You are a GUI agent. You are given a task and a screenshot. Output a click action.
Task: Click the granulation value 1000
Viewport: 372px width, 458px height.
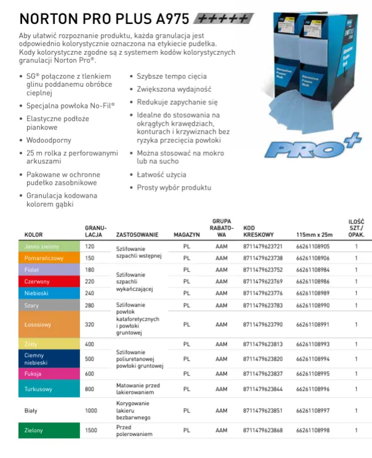tap(91, 410)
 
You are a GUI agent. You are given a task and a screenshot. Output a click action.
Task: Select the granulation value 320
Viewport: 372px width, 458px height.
tap(89, 324)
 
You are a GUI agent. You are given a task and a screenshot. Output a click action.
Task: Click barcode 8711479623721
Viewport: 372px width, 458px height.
tap(263, 246)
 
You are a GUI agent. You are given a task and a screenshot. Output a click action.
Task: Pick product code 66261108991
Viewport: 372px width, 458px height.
tap(313, 324)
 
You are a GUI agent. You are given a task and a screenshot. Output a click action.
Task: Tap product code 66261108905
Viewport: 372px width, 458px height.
tap(313, 246)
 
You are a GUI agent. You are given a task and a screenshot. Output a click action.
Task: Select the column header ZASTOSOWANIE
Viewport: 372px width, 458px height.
tap(137, 235)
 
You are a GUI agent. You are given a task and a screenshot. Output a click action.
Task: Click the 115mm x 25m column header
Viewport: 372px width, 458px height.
tap(314, 235)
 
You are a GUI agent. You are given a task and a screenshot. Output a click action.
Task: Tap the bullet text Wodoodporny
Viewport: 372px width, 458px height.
tap(45, 140)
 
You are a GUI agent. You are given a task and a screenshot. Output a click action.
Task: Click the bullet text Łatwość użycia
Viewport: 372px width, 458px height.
tap(161, 175)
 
